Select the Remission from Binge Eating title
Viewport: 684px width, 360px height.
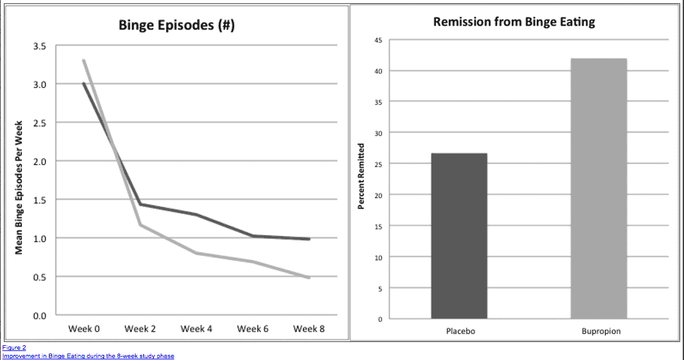(514, 22)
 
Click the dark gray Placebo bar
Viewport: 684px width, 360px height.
(459, 235)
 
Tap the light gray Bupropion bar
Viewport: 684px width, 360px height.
(598, 188)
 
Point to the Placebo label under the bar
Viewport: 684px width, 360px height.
(459, 332)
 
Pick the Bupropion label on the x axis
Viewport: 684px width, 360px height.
(601, 332)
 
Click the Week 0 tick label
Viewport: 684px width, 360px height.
(84, 329)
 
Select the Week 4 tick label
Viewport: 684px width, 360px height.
(196, 329)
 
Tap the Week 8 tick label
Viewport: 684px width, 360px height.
(309, 329)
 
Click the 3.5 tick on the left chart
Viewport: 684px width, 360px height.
(39, 46)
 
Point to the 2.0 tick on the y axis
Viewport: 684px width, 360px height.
(39, 161)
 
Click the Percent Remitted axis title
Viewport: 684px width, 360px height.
(361, 175)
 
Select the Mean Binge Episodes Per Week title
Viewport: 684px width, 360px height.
(19, 186)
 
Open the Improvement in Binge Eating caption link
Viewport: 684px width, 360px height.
(87, 355)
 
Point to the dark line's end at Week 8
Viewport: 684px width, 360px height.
(309, 239)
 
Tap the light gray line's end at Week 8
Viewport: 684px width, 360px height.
(309, 278)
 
